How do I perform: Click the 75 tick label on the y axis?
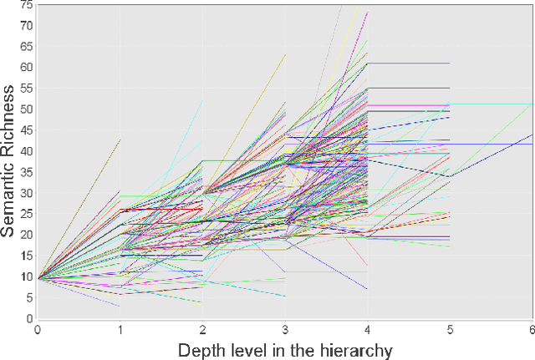pos(26,5)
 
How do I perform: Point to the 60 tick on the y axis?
pos(26,67)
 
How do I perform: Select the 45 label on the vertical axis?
pos(26,129)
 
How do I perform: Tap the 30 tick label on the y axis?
pos(26,192)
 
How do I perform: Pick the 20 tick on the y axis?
pos(26,235)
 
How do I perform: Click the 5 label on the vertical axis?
pos(28,297)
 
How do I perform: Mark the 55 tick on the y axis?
pos(26,88)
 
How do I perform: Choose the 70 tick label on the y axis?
pos(26,25)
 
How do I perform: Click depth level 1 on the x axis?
pos(120,330)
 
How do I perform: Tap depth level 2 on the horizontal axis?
pos(202,330)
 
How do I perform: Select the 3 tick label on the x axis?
pos(285,330)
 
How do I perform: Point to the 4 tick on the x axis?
pos(368,330)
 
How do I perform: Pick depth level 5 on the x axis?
pos(450,330)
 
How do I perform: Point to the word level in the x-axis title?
pos(253,350)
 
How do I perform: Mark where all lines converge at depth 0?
pos(38,276)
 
